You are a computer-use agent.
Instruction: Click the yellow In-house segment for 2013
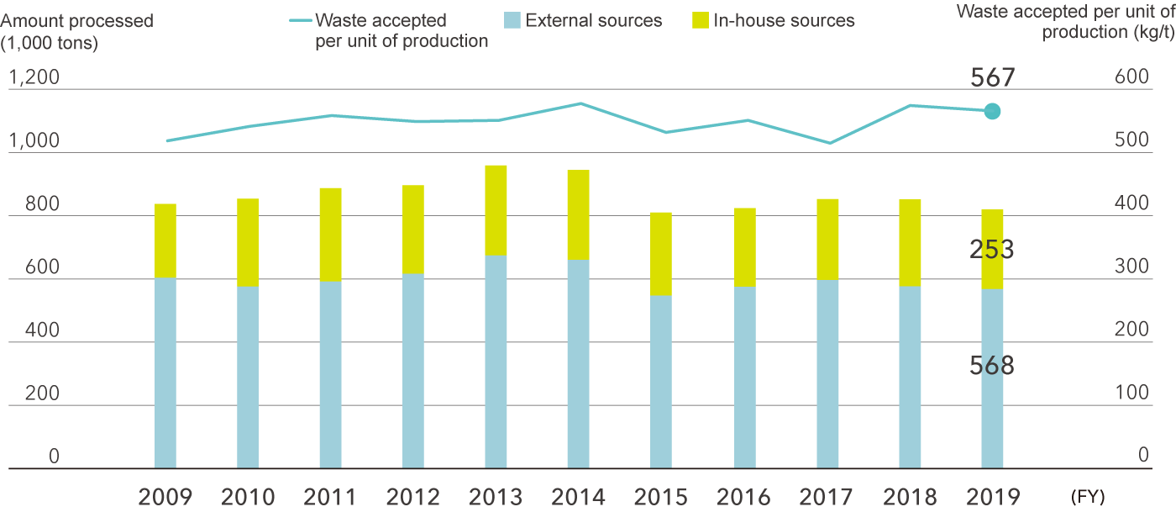coord(496,210)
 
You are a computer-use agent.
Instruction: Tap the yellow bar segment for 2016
coord(744,247)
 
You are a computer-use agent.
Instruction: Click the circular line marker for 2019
coord(992,111)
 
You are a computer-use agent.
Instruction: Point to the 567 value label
coord(992,78)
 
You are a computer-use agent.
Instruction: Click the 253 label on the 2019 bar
coord(991,250)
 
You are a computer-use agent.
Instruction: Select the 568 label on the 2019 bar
coord(991,366)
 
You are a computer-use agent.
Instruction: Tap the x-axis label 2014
coord(578,497)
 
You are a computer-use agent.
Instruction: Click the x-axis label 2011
coord(330,497)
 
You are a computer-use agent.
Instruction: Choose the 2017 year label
coord(827,497)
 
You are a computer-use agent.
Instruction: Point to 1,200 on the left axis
coord(34,78)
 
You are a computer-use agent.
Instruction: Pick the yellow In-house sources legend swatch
coord(700,20)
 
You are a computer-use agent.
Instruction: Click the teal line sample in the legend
coord(299,20)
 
